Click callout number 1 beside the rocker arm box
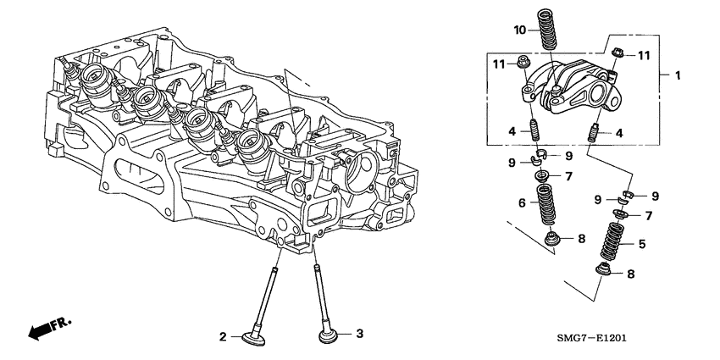tap(676, 75)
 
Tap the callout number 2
tap(224, 337)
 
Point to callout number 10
tap(519, 30)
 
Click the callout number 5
tap(640, 243)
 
